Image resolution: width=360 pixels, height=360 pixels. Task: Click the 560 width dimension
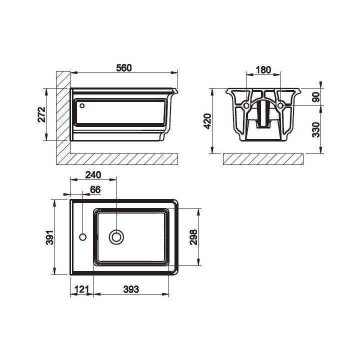(x=124, y=68)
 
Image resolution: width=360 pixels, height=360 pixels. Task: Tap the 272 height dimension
(x=42, y=114)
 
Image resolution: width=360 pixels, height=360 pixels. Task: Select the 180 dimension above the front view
(x=263, y=70)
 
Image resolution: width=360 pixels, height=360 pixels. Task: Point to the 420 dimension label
(x=208, y=121)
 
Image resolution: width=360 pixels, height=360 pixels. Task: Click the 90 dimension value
(x=316, y=97)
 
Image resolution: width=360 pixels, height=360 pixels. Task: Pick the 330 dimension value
(x=316, y=129)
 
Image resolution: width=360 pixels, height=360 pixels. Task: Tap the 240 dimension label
(x=93, y=175)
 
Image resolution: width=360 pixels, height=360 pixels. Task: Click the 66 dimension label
(x=95, y=189)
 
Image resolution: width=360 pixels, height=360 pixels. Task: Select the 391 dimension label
(x=50, y=237)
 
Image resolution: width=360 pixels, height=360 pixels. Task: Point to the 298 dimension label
(x=193, y=237)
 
